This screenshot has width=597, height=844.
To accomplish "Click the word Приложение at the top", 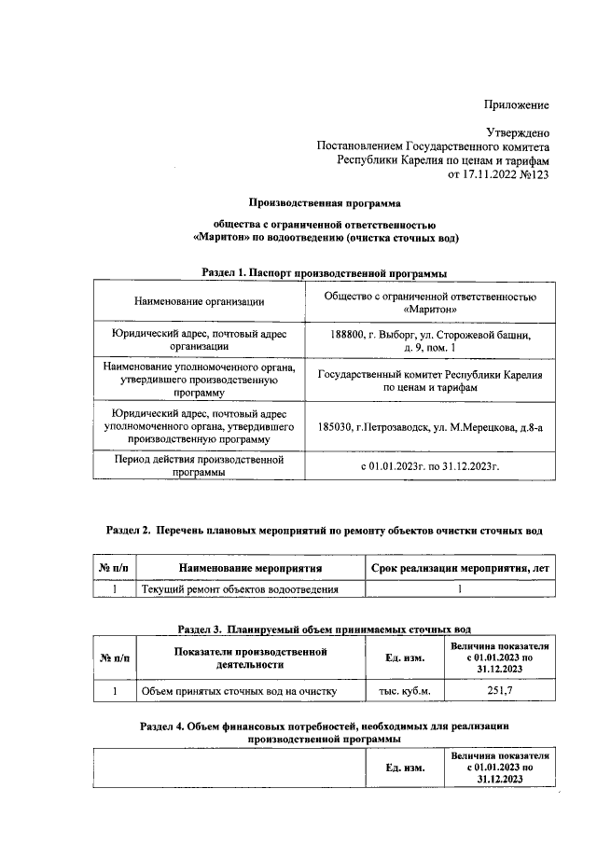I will coord(516,105).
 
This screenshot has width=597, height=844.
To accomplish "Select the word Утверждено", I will coord(518,133).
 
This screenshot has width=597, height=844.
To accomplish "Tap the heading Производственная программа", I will coord(324,201).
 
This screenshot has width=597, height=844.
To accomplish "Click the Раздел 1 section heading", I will coord(324,271).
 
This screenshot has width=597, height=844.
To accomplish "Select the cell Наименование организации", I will coord(199,300).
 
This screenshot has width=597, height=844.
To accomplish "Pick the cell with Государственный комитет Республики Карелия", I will coord(430,380).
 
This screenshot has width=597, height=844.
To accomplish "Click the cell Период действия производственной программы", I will coord(198,465).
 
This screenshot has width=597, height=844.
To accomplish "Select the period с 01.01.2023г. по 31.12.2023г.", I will coord(430,465).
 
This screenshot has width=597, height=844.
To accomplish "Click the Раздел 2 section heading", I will coord(324,531).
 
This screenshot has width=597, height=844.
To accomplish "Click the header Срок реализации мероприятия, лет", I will coord(459,567).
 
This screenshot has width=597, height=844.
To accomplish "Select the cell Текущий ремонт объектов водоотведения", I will coord(239,588).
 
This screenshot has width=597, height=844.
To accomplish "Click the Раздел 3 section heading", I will coord(324,630).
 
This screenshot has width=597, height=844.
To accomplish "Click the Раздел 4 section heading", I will coord(324,730).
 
